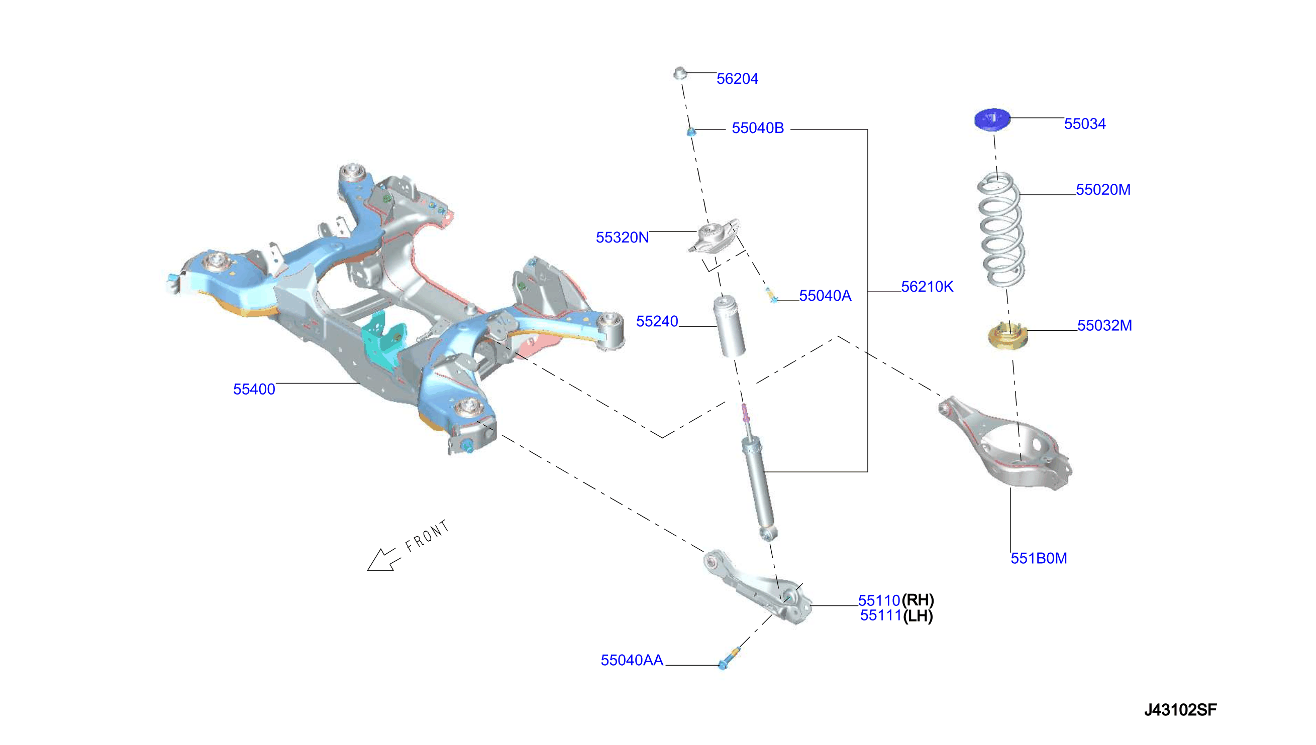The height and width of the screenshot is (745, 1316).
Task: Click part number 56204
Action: click(x=737, y=79)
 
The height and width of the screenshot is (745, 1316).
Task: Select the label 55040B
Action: click(x=757, y=128)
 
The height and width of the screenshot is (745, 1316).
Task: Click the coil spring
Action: click(x=1001, y=229)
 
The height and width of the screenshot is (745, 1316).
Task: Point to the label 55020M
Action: click(x=1103, y=190)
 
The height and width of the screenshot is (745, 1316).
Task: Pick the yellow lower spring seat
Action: click(x=1007, y=336)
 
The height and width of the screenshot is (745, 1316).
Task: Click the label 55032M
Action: click(x=1104, y=325)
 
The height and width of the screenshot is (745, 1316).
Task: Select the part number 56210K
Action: click(x=927, y=287)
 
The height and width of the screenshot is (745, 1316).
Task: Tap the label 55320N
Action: click(x=622, y=237)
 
